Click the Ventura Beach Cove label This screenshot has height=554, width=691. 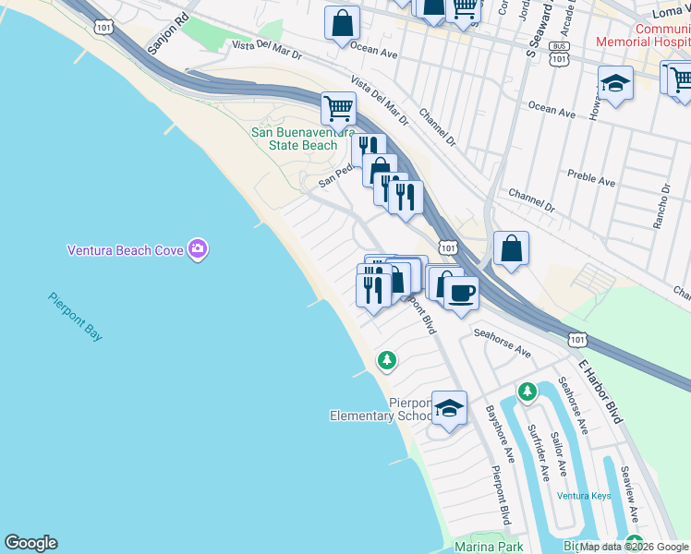click(x=125, y=249)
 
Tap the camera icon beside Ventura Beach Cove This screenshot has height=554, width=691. click(x=197, y=248)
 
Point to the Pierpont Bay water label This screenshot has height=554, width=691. click(x=76, y=318)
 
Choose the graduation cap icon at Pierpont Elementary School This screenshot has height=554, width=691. click(x=449, y=407)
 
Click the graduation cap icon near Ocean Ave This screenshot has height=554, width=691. click(x=615, y=84)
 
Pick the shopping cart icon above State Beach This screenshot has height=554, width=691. click(x=338, y=107)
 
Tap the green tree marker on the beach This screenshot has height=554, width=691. click(x=387, y=360)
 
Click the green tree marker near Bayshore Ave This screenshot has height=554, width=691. click(x=527, y=392)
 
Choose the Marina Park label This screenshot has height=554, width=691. click(x=489, y=548)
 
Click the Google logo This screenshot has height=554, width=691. click(x=30, y=543)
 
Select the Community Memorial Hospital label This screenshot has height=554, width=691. click(x=644, y=35)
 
